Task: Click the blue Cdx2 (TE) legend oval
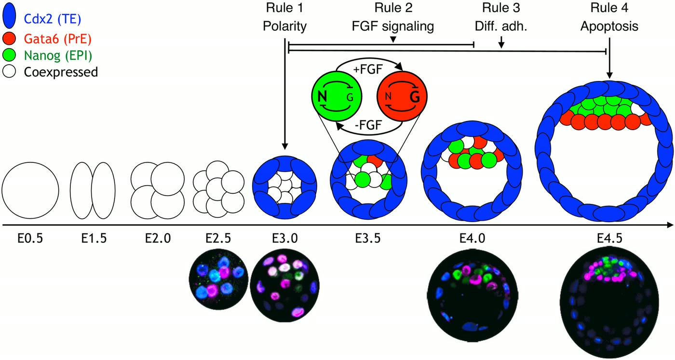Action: pyautogui.click(x=9, y=16)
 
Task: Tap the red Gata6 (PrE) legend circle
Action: pyautogui.click(x=9, y=39)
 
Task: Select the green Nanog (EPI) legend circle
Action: pyautogui.click(x=9, y=55)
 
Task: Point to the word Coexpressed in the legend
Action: pyautogui.click(x=61, y=72)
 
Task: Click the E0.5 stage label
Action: pyautogui.click(x=30, y=239)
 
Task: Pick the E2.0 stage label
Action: pyautogui.click(x=158, y=239)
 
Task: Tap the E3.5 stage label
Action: pyautogui.click(x=367, y=239)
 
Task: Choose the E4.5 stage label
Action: pyautogui.click(x=609, y=239)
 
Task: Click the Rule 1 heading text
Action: pyautogui.click(x=284, y=8)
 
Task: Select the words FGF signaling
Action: pyautogui.click(x=393, y=27)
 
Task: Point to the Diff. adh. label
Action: pyautogui.click(x=501, y=27)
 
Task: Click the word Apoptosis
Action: pyautogui.click(x=609, y=27)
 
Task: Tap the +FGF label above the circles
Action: pyautogui.click(x=368, y=69)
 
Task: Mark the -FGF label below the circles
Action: pyautogui.click(x=368, y=124)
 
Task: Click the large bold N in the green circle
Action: pyautogui.click(x=323, y=97)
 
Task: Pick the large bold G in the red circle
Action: pyautogui.click(x=415, y=97)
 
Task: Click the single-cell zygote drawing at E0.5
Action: pyautogui.click(x=30, y=190)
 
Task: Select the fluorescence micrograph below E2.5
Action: pyautogui.click(x=218, y=279)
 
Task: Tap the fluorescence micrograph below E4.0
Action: pyautogui.click(x=472, y=295)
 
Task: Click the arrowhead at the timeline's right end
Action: pyautogui.click(x=670, y=225)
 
